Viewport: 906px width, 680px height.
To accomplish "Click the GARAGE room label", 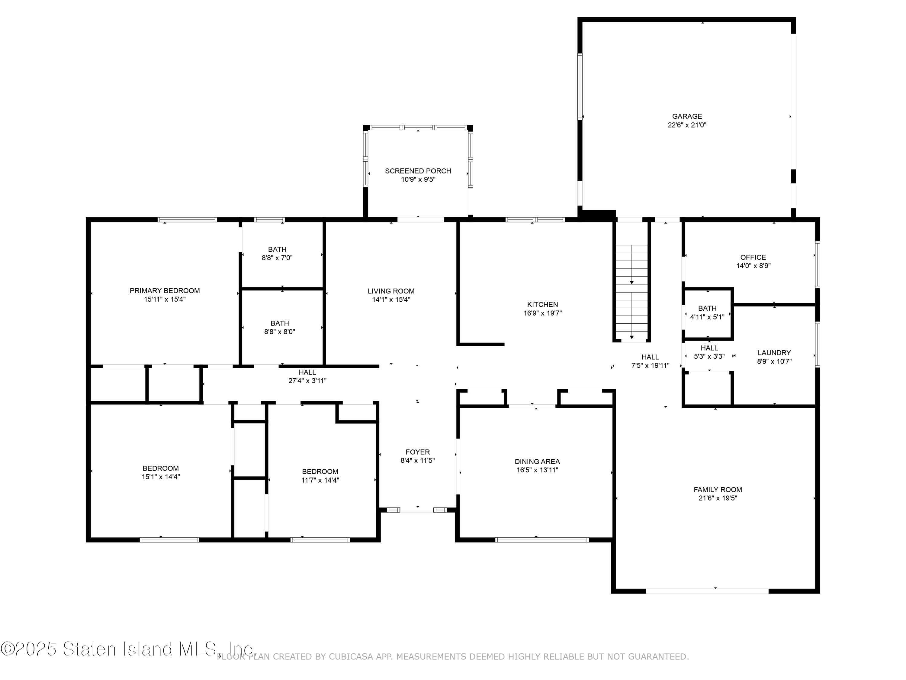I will click(687, 116).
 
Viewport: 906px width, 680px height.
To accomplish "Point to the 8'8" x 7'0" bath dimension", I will click(277, 258).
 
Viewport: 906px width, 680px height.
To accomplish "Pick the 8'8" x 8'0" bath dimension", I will click(279, 332).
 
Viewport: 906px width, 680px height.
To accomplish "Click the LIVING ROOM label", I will click(391, 291).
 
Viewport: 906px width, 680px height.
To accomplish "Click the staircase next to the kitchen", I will click(631, 291).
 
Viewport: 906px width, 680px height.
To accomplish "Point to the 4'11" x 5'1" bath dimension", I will click(707, 317).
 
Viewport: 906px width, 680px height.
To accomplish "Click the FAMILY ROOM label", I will click(718, 489).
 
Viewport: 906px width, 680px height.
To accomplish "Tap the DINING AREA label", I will click(537, 461).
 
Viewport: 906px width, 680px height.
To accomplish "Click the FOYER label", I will click(417, 452).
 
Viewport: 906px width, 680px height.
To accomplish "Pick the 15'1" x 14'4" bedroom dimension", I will click(161, 477).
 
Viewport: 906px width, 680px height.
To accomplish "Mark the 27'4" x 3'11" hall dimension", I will click(307, 380).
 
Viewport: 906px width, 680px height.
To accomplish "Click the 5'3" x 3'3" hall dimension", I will click(709, 357).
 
